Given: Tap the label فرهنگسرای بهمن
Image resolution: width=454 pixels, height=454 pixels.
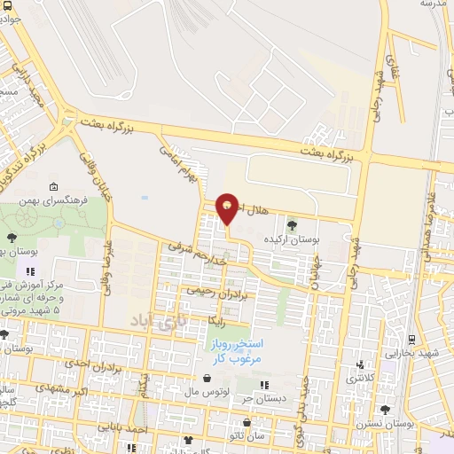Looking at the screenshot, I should click(85, 200).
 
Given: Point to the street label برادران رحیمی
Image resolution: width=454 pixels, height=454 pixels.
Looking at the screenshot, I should click(210, 290).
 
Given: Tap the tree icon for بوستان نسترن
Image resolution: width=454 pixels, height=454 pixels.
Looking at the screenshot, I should click(384, 410).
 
